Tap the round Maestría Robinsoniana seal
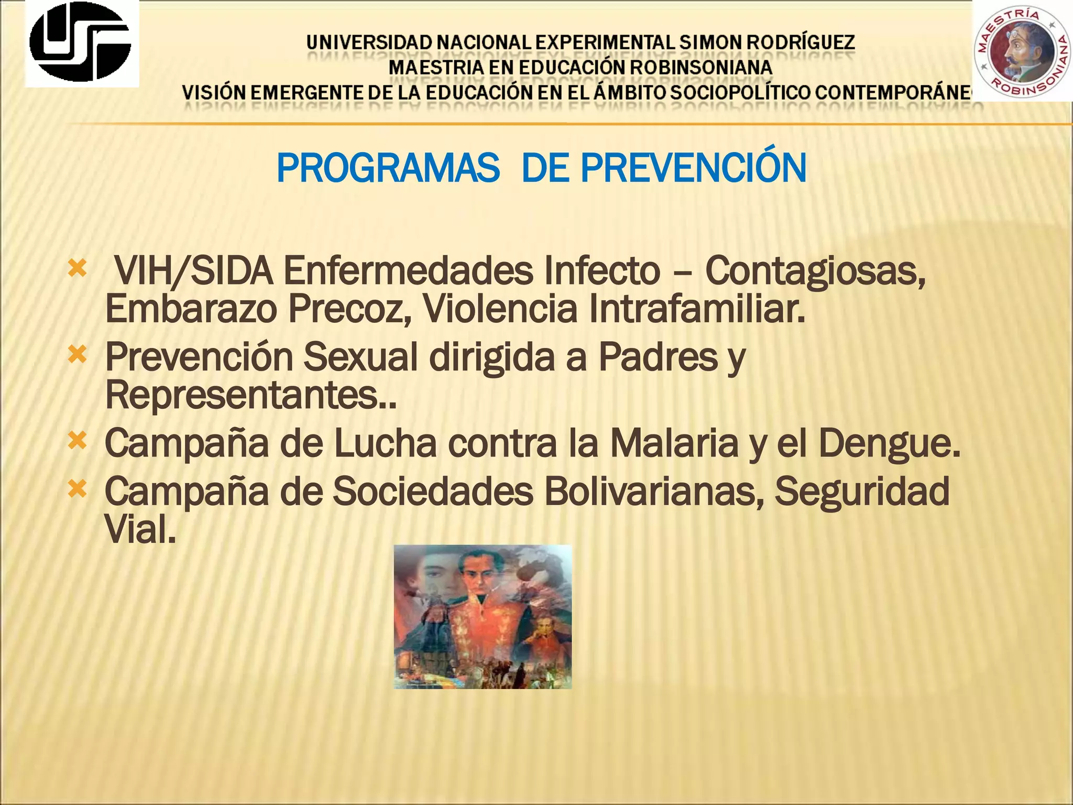coord(1022,50)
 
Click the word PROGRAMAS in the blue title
coord(388,168)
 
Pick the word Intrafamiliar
coord(696,308)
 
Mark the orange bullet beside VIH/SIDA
coord(77,269)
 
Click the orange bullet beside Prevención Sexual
coord(77,356)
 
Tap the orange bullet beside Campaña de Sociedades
coord(77,490)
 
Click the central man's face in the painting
coord(478,576)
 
